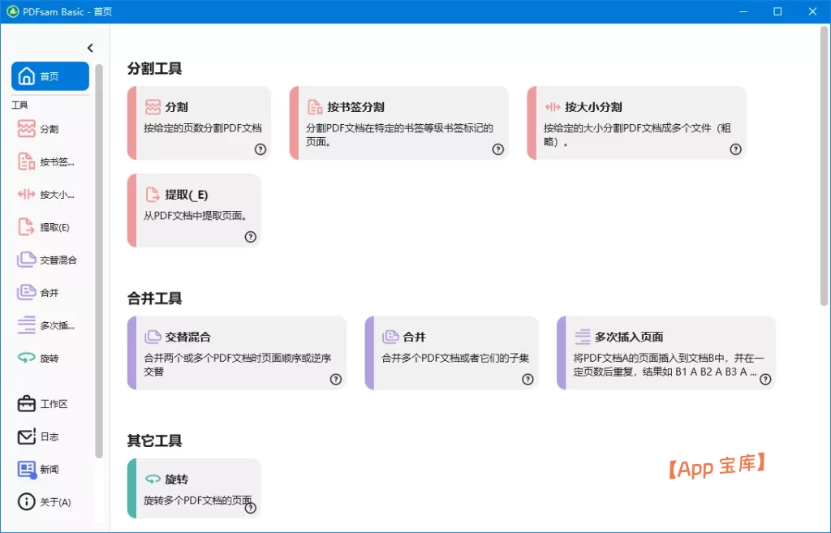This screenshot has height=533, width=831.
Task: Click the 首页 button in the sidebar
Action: pyautogui.click(x=50, y=76)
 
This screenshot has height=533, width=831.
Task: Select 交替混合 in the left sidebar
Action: pyautogui.click(x=49, y=260)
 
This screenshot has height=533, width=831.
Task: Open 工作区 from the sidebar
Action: pyautogui.click(x=49, y=404)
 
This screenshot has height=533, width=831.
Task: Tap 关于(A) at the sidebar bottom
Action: pyautogui.click(x=49, y=501)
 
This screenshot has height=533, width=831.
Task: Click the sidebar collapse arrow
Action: pyautogui.click(x=90, y=48)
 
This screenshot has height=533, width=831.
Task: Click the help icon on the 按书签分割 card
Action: pyautogui.click(x=497, y=149)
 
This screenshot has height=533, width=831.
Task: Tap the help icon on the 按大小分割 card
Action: pyautogui.click(x=735, y=149)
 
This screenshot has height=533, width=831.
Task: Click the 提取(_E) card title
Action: pyautogui.click(x=186, y=195)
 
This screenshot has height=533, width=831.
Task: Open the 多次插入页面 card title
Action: pyautogui.click(x=629, y=337)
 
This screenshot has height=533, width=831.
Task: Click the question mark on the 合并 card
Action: pyautogui.click(x=527, y=379)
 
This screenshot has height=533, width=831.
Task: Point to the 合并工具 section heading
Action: pyautogui.click(x=154, y=299)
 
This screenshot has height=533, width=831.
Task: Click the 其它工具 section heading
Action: pyautogui.click(x=154, y=441)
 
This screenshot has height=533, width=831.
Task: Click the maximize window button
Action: pyautogui.click(x=777, y=11)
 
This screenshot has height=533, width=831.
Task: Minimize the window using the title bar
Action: pyautogui.click(x=740, y=11)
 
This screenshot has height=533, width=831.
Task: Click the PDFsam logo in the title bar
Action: pyautogui.click(x=12, y=11)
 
